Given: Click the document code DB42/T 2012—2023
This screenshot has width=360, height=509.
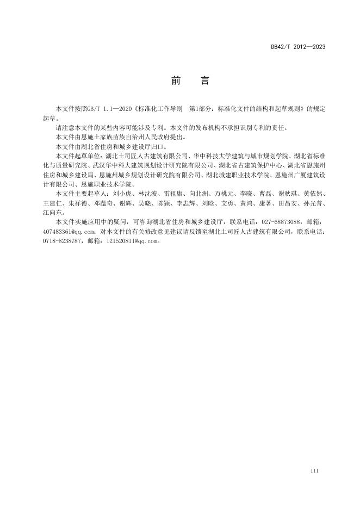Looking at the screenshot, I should tap(298, 47).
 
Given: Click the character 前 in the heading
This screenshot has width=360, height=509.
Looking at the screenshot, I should tap(176, 81).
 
